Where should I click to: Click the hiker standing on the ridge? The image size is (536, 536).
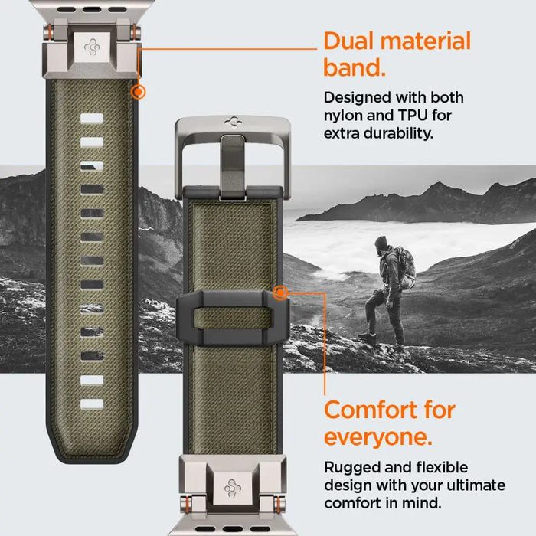coord(387,291)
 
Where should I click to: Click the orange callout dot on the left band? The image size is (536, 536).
coord(138,92)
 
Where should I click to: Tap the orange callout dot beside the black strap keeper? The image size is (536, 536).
coord(280,293)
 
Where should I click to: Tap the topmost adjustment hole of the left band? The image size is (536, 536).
coord(91,119)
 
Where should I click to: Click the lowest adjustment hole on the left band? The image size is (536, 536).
coord(91,404)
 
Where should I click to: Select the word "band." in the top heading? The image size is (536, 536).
coord(352,68)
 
